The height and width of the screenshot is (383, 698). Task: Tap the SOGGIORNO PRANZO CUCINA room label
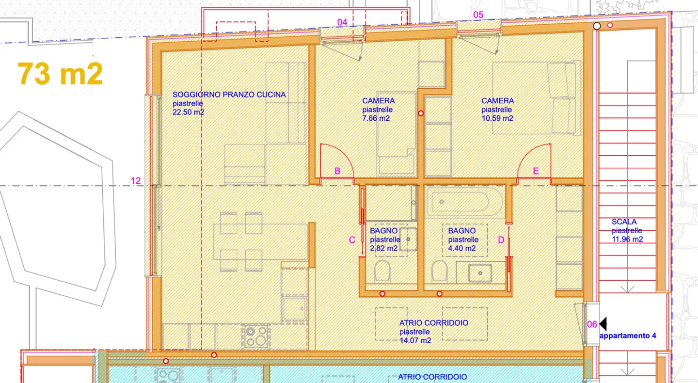[x=229, y=95]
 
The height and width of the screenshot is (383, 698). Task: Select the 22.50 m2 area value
[x=189, y=112]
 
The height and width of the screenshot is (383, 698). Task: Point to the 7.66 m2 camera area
[x=376, y=118]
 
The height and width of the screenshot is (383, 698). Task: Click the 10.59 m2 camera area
[x=497, y=118]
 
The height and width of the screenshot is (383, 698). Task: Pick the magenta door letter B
[x=337, y=171]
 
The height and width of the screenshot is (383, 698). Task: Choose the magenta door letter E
[x=536, y=171]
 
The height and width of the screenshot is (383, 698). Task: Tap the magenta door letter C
[x=352, y=240]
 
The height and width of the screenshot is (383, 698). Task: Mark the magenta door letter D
[x=501, y=240]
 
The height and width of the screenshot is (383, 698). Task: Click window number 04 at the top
[x=342, y=22]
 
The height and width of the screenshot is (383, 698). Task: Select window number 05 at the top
[x=478, y=15]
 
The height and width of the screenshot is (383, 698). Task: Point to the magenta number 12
[x=136, y=181]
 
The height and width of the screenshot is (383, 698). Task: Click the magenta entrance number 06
[x=592, y=325]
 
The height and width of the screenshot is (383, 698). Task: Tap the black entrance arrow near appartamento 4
[x=603, y=323]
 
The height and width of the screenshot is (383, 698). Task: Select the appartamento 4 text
[x=628, y=335]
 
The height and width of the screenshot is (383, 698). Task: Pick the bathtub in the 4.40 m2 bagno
[x=460, y=203]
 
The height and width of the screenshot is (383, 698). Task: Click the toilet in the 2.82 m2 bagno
[x=382, y=271]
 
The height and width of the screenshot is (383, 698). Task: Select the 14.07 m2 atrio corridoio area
[x=415, y=341]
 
